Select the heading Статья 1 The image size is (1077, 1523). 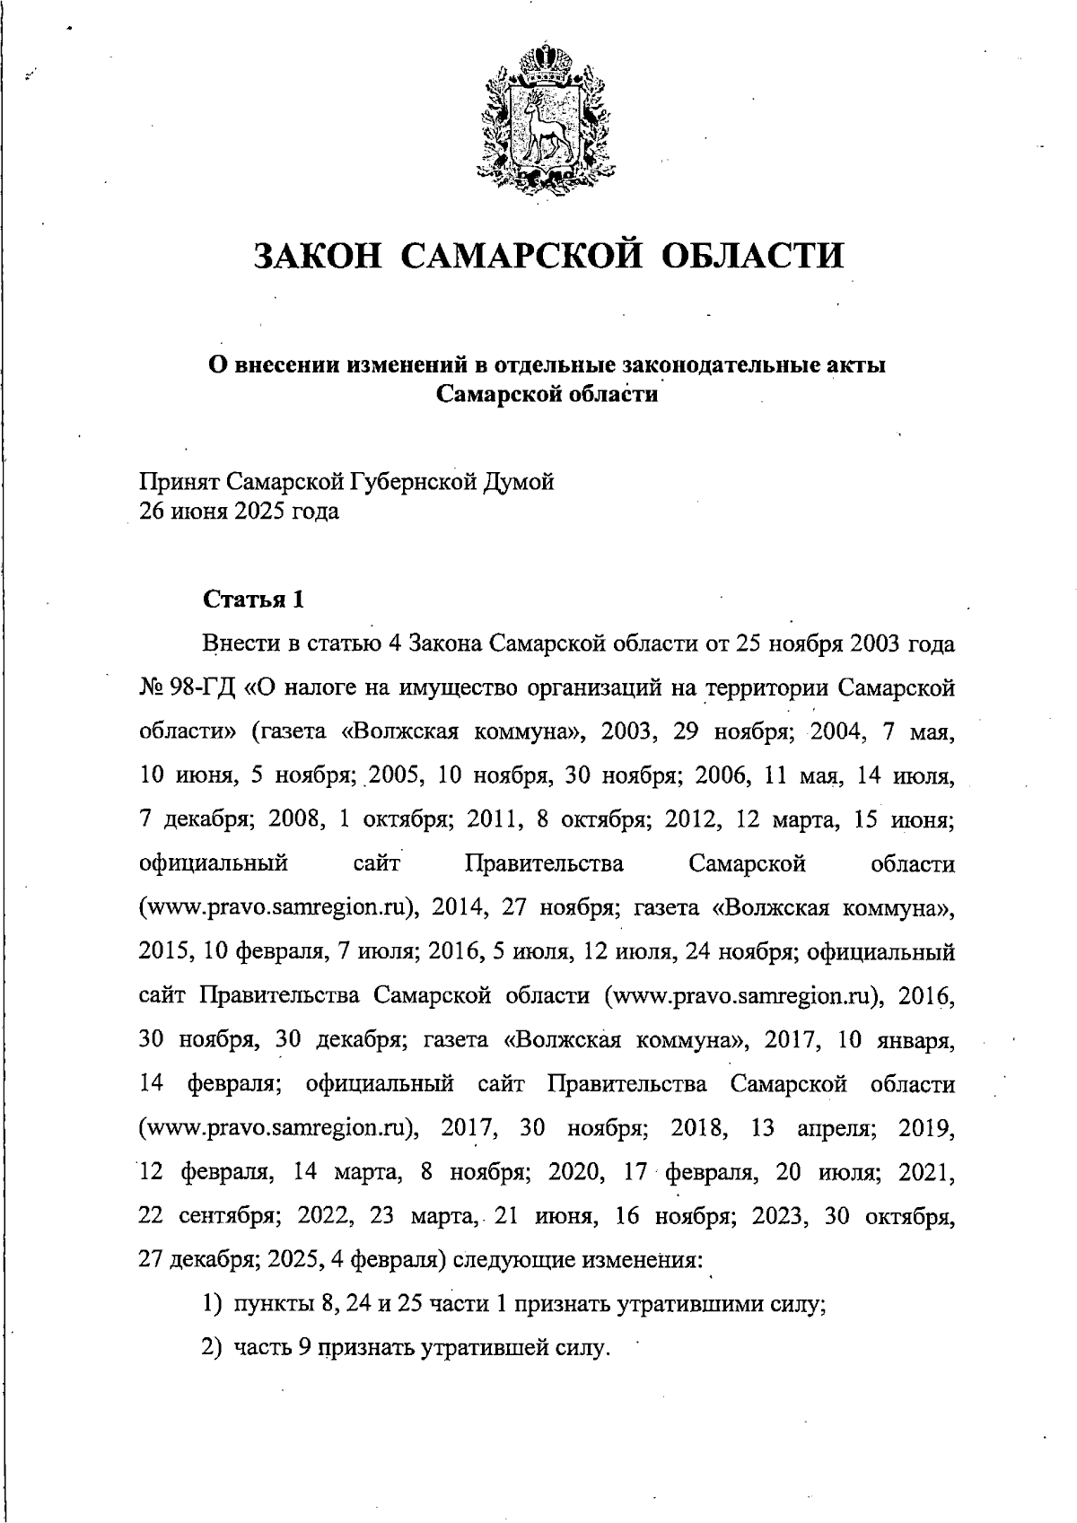253,600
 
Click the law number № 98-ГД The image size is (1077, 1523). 188,688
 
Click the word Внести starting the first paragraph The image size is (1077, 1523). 236,644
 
